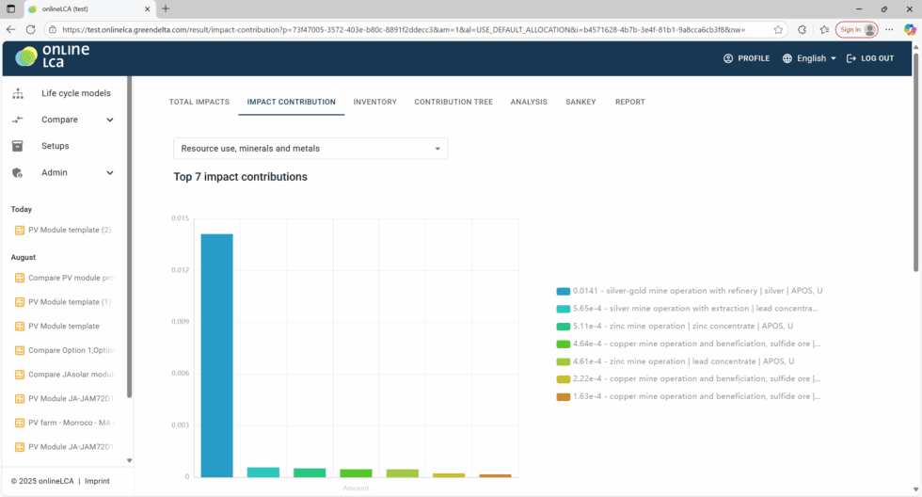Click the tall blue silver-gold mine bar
pyautogui.click(x=216, y=355)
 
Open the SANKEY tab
pyautogui.click(x=580, y=102)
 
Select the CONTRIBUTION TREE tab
pyautogui.click(x=453, y=102)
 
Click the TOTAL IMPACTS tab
pyautogui.click(x=199, y=102)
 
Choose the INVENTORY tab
pyautogui.click(x=374, y=102)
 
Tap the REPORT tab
pyautogui.click(x=629, y=102)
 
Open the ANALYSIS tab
pyautogui.click(x=529, y=102)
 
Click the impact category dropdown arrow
pyautogui.click(x=437, y=149)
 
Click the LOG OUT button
pyautogui.click(x=870, y=58)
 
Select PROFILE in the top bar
pyautogui.click(x=746, y=58)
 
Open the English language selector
pyautogui.click(x=809, y=58)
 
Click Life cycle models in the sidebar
pyautogui.click(x=75, y=93)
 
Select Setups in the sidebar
pyautogui.click(x=55, y=146)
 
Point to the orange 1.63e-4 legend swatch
pyautogui.click(x=563, y=396)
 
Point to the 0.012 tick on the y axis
pyautogui.click(x=180, y=270)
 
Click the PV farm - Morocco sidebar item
pyautogui.click(x=71, y=423)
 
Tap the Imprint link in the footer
pyautogui.click(x=98, y=481)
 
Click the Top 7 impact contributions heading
pyautogui.click(x=240, y=177)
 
